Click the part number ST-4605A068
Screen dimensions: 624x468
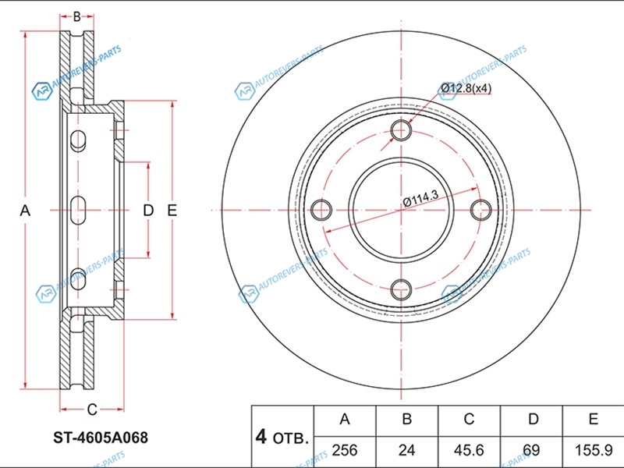tap(101, 438)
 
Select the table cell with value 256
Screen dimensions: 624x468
tap(345, 450)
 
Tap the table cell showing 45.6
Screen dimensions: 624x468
tap(469, 450)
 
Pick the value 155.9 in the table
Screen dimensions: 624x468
tap(594, 450)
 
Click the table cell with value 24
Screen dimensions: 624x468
tap(406, 450)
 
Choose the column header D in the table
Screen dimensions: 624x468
tap(533, 419)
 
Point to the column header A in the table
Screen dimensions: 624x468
tap(345, 419)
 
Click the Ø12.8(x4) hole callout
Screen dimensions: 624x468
tap(466, 88)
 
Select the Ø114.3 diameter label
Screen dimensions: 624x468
tap(421, 198)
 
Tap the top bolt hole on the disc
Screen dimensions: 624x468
tap(401, 130)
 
